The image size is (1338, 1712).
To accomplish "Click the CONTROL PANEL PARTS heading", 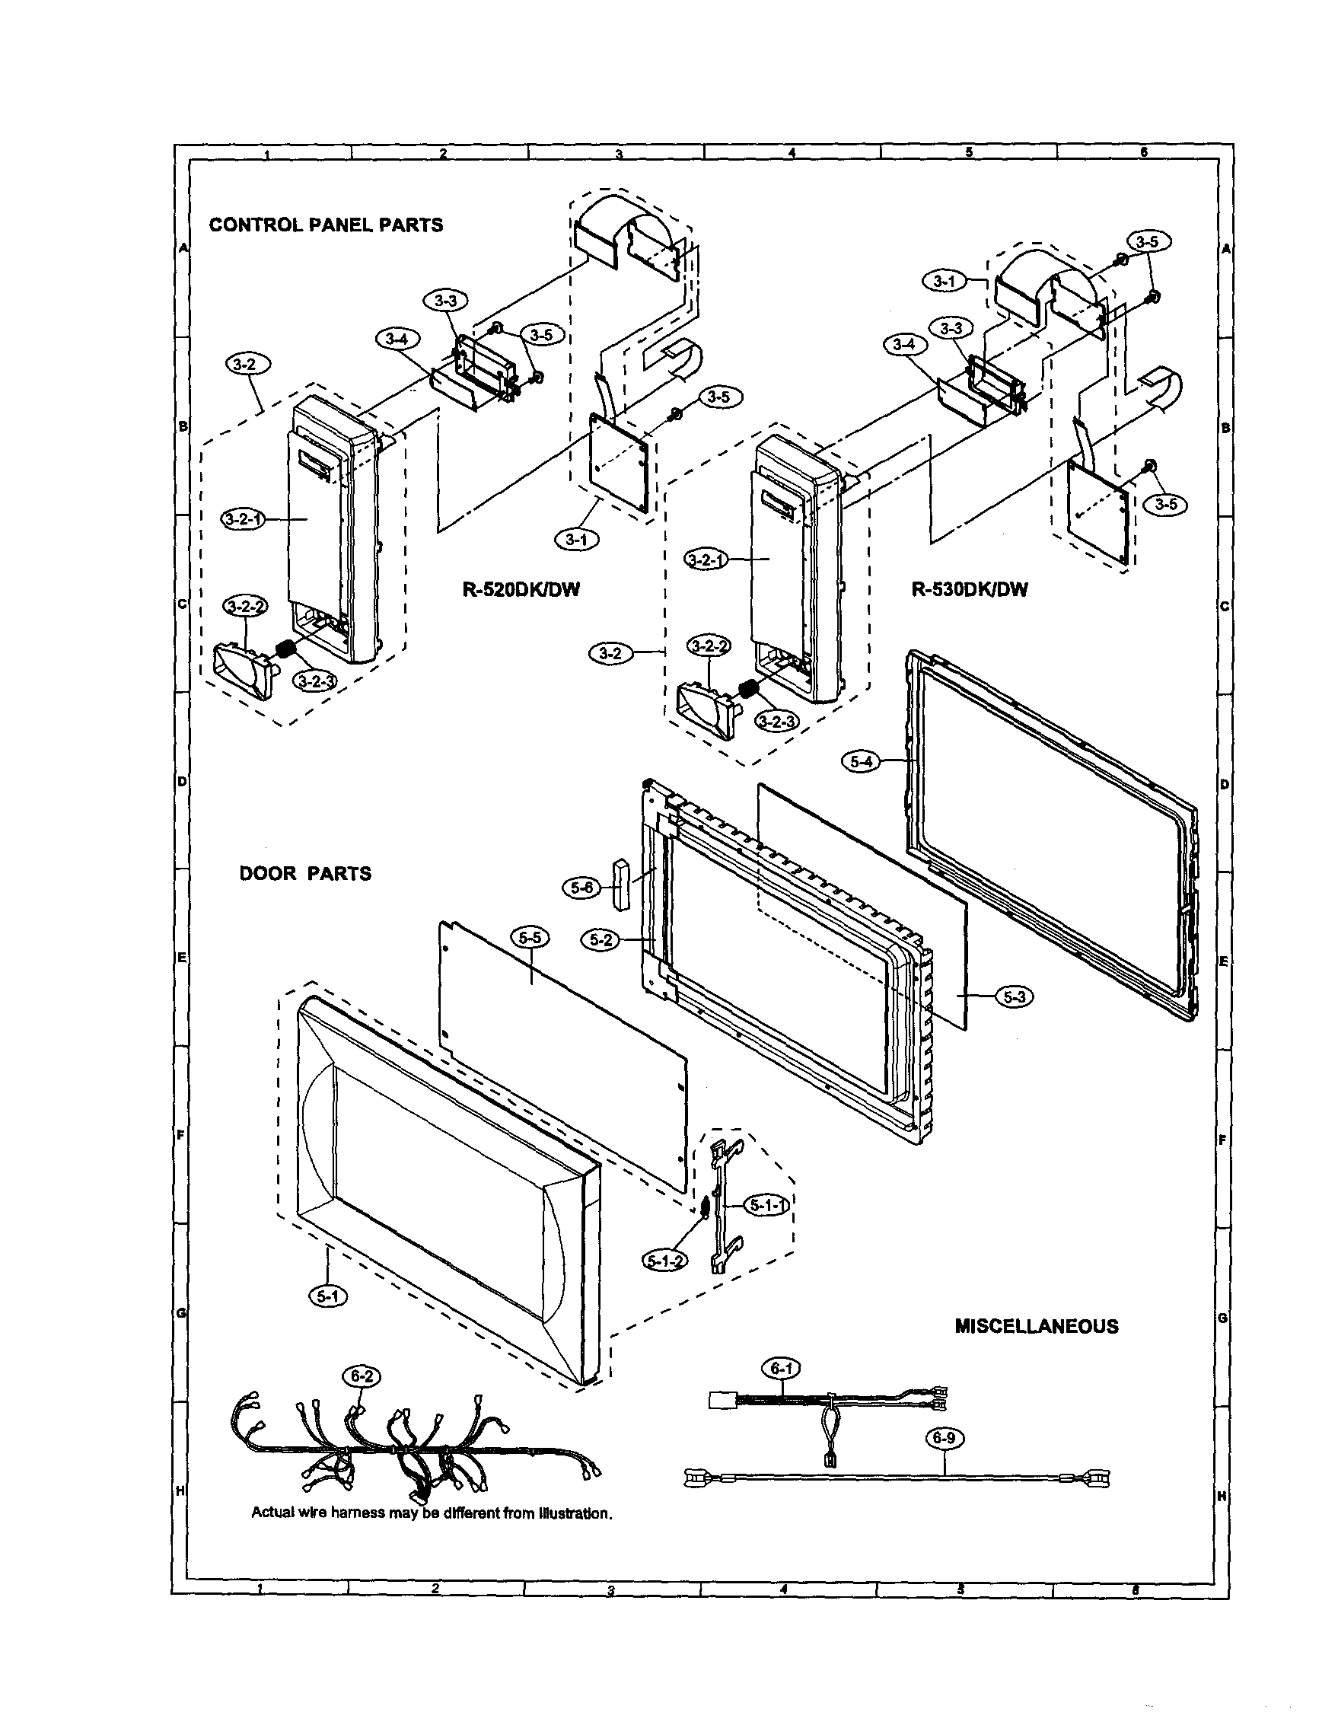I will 325,225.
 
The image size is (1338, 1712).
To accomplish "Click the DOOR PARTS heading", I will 305,873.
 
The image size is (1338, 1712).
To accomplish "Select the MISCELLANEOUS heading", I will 1036,1326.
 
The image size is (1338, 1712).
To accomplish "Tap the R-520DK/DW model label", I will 521,590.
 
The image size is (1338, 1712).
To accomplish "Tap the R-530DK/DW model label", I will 969,589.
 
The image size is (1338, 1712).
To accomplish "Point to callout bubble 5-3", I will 1015,996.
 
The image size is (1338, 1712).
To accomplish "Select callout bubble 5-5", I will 530,937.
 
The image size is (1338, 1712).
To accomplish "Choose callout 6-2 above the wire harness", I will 362,1376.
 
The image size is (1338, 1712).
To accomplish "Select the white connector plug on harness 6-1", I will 718,1399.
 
